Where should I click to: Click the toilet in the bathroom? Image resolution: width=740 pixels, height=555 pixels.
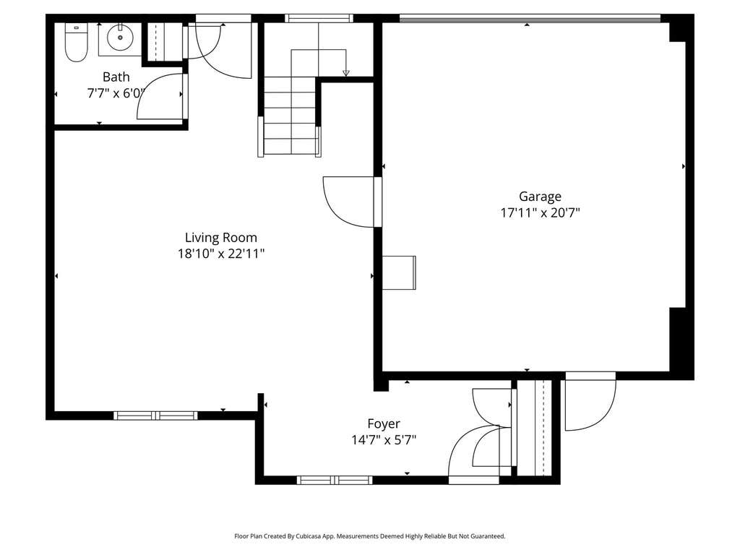pyautogui.click(x=76, y=43)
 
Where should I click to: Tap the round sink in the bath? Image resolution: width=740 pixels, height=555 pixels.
pyautogui.click(x=120, y=38)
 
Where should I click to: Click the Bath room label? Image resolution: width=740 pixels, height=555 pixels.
pyautogui.click(x=116, y=77)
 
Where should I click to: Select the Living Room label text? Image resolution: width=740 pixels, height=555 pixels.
pyautogui.click(x=221, y=237)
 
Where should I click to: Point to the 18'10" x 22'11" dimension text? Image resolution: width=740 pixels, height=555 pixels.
pyautogui.click(x=221, y=254)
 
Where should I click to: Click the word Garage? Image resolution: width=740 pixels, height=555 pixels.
pyautogui.click(x=540, y=197)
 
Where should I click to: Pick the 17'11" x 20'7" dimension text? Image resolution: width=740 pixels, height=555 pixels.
pyautogui.click(x=540, y=213)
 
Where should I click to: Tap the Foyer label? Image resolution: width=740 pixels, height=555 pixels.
pyautogui.click(x=384, y=423)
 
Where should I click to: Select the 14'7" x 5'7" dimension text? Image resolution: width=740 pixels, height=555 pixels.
pyautogui.click(x=384, y=440)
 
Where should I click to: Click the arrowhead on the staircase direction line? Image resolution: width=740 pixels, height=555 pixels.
pyautogui.click(x=346, y=73)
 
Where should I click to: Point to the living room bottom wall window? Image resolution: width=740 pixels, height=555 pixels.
pyautogui.click(x=155, y=416)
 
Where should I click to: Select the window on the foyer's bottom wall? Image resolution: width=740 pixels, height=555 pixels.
pyautogui.click(x=335, y=481)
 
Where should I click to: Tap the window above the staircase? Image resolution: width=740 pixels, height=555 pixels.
pyautogui.click(x=319, y=18)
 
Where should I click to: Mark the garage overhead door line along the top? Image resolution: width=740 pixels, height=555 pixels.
pyautogui.click(x=530, y=19)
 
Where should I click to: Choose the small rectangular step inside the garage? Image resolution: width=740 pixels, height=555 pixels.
pyautogui.click(x=399, y=272)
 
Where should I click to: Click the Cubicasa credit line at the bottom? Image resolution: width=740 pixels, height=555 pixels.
pyautogui.click(x=370, y=536)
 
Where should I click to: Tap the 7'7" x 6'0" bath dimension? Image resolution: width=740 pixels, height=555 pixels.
pyautogui.click(x=115, y=93)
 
